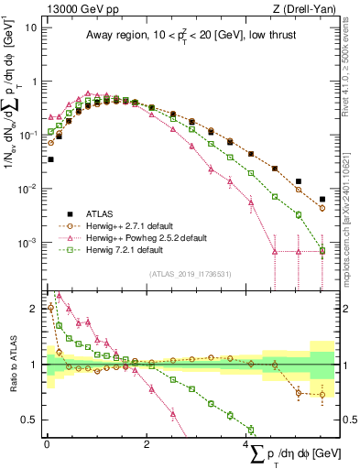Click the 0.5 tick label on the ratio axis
[x=28, y=420]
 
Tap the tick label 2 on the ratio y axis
[x=33, y=309]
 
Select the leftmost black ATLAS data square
[x=50, y=159]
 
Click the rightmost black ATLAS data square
[x=322, y=199]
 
